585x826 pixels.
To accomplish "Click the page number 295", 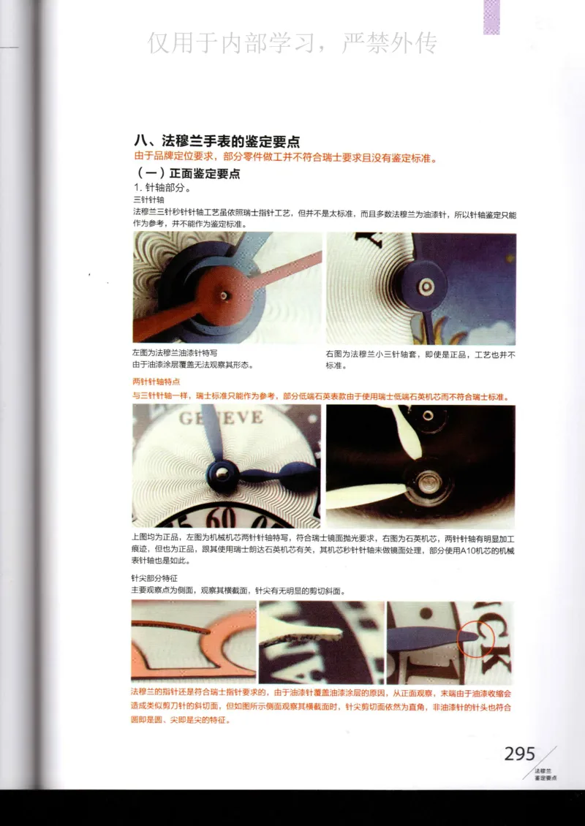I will click(519, 754).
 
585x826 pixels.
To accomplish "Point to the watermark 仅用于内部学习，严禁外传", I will click(292, 44).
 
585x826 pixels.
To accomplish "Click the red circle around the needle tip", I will click(472, 637).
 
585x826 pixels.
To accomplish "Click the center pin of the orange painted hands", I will click(222, 295).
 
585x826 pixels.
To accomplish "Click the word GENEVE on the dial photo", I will click(222, 417).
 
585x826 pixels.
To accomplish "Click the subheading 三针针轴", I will click(148, 200).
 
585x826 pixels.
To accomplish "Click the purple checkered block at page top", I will click(491, 16).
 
